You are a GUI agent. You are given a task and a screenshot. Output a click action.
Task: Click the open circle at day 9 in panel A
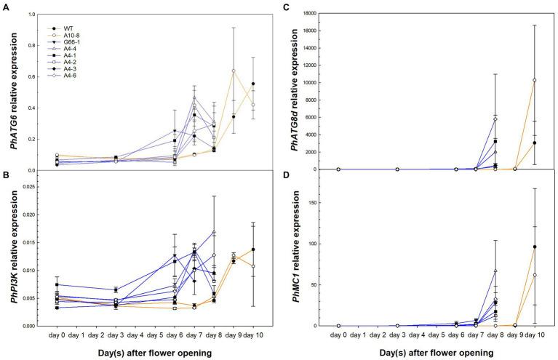click(234, 71)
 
